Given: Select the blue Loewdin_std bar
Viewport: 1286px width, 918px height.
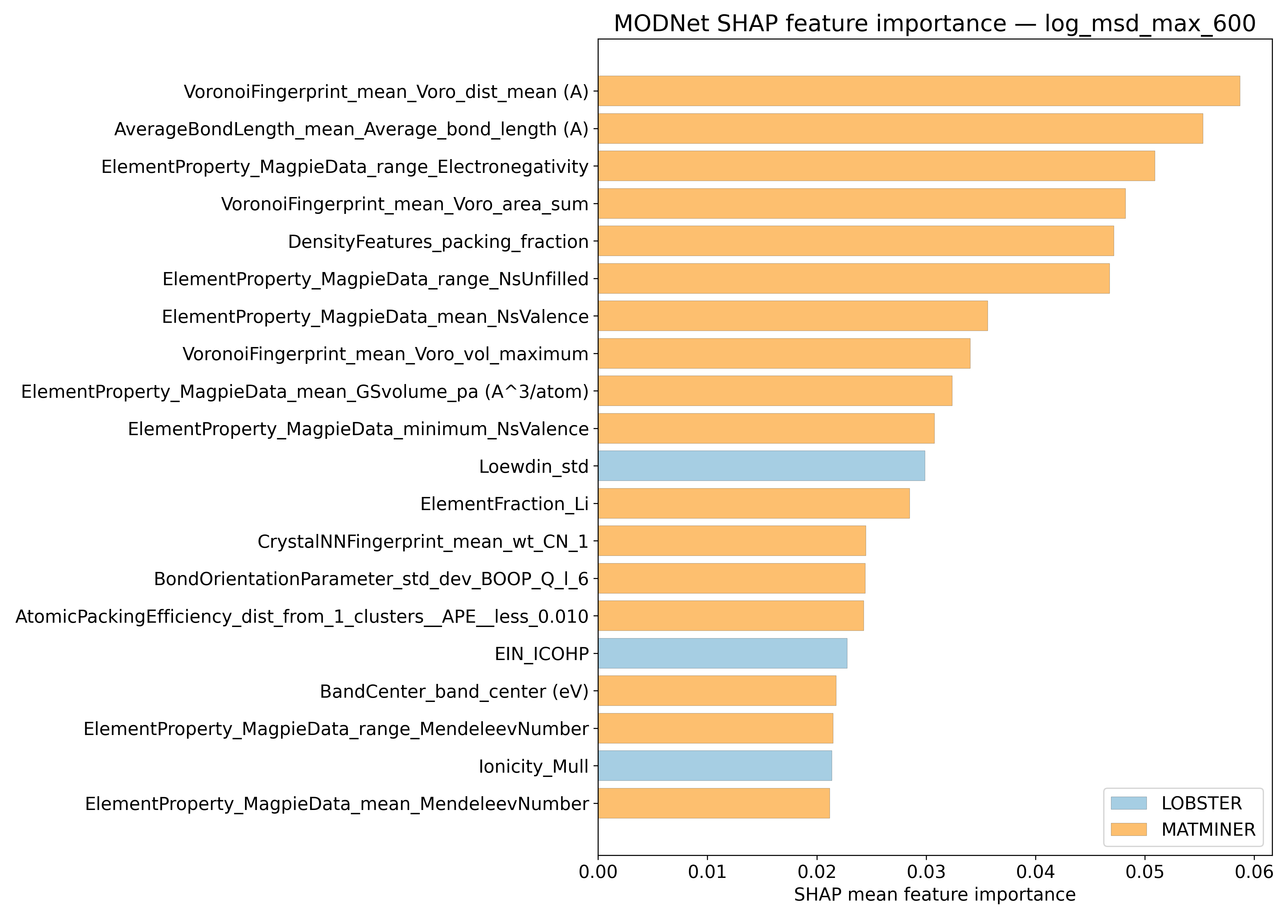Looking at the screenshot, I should [x=761, y=466].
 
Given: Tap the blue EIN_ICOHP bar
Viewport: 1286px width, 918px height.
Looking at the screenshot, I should [x=722, y=653].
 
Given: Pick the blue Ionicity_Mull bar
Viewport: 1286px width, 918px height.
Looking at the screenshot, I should [x=715, y=766].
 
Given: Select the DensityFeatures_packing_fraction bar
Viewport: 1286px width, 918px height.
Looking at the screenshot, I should [x=855, y=241].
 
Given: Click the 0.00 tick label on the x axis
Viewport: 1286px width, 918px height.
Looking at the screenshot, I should [x=598, y=872].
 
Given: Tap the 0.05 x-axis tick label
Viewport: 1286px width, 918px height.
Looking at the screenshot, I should [x=1145, y=872].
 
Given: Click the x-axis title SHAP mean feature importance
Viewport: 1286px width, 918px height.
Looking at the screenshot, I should [x=934, y=895].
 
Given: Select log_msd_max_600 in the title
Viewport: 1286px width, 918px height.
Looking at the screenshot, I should [x=1150, y=24].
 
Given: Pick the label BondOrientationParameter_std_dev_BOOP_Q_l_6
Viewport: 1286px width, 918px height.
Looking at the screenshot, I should [x=371, y=579].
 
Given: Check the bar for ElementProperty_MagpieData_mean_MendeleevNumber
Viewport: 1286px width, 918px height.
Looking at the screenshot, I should [x=714, y=803].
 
